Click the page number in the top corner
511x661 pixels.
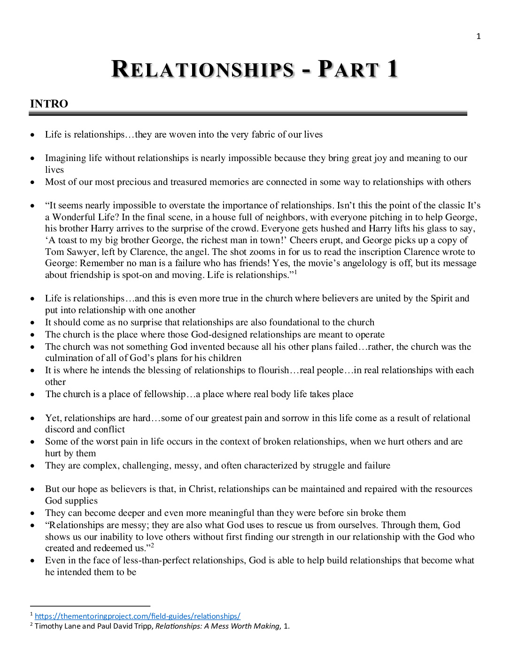(x=478, y=37)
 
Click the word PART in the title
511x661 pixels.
(x=348, y=69)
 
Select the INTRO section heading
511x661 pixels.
(x=49, y=104)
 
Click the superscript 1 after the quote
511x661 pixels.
(x=295, y=272)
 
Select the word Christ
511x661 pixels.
(x=201, y=489)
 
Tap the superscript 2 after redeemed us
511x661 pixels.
(x=152, y=546)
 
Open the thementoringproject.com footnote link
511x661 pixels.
(x=137, y=616)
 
